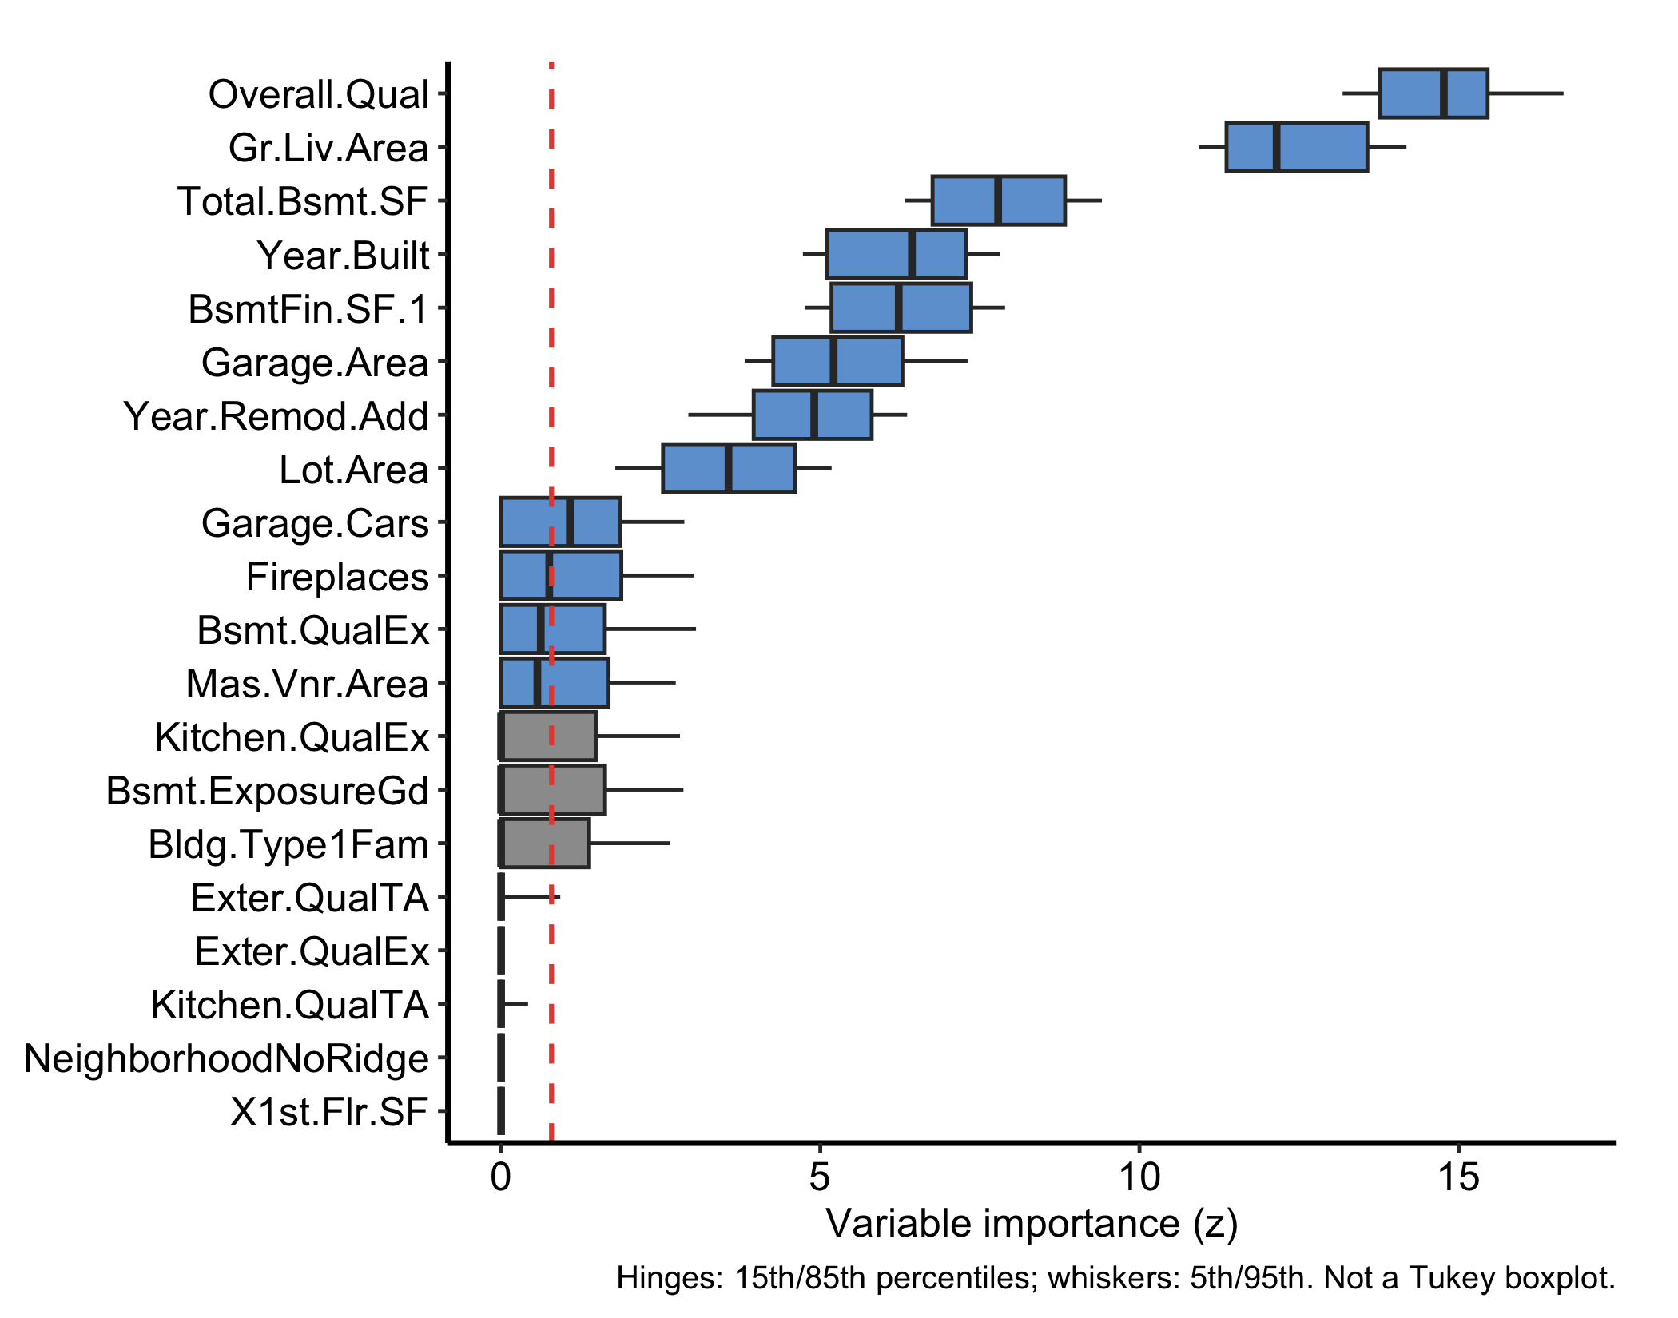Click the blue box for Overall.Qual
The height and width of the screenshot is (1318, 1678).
point(1433,93)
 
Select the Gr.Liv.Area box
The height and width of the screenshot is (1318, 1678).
point(1297,147)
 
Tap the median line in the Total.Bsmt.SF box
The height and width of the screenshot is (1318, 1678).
point(998,200)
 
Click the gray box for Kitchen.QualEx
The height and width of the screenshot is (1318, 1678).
point(548,736)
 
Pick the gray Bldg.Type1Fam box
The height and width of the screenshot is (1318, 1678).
point(545,843)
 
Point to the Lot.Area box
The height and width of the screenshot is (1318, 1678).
point(729,468)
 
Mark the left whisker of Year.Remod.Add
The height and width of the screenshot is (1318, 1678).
point(720,415)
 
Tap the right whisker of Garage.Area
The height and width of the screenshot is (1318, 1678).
point(935,361)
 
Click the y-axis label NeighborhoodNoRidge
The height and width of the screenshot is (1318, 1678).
point(226,1058)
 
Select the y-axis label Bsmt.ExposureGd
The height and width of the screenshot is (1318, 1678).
point(268,791)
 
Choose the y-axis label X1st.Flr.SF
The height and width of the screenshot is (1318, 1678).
point(329,1112)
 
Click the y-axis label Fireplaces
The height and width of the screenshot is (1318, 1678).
point(337,577)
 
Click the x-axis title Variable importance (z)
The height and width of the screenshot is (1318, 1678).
point(1032,1224)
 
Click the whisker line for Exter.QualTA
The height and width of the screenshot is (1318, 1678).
point(531,896)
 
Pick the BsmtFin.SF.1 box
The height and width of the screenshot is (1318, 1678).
point(901,308)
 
